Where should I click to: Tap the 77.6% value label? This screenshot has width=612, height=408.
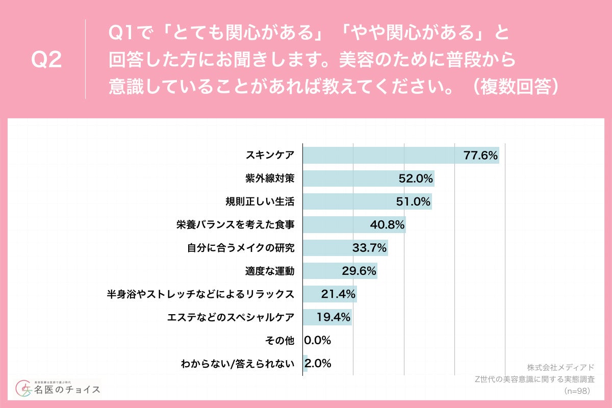tap(480, 156)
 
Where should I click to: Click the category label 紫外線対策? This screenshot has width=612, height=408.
tap(270, 178)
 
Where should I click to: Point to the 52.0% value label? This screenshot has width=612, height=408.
tap(416, 178)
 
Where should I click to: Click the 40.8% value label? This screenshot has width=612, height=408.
tap(387, 224)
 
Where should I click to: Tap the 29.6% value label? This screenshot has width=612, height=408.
tap(359, 271)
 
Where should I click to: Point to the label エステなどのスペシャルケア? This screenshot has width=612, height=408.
tap(231, 317)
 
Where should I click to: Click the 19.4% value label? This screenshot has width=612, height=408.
tap(334, 317)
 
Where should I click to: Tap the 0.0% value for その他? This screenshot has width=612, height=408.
tap(318, 340)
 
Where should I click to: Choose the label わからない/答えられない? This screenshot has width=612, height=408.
tap(238, 364)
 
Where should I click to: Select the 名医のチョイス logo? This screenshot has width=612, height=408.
tap(58, 389)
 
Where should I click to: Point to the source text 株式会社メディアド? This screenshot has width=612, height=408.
tap(560, 367)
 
